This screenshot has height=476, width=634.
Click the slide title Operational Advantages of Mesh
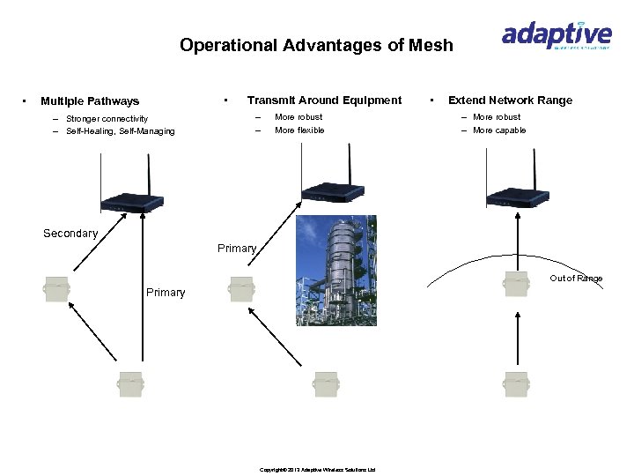(x=316, y=45)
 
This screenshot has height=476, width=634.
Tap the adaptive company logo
(x=556, y=35)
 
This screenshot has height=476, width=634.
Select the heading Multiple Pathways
(x=90, y=101)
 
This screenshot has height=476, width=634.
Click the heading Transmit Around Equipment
(x=324, y=100)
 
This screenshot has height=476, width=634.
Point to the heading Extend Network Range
(x=510, y=100)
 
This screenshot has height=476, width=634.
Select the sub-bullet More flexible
(x=299, y=130)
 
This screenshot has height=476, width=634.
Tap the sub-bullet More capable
(x=499, y=130)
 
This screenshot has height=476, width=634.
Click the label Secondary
(x=70, y=234)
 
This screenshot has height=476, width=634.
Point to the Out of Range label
(x=577, y=279)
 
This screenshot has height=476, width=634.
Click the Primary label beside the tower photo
(x=237, y=249)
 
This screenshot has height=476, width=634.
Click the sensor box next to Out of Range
(x=515, y=284)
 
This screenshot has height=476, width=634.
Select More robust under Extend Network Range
(x=497, y=117)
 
